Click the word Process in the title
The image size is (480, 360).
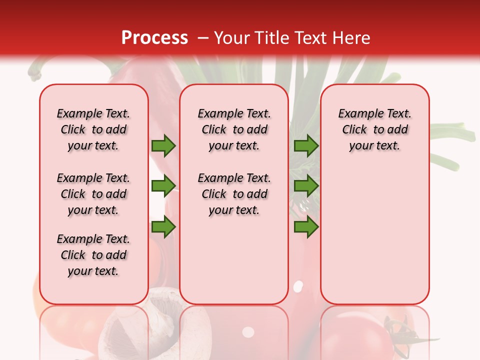click(x=154, y=38)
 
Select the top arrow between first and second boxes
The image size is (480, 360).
click(x=163, y=146)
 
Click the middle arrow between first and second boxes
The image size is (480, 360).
click(x=163, y=186)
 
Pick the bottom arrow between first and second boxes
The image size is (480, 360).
click(x=163, y=227)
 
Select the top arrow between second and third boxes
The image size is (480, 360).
click(x=306, y=146)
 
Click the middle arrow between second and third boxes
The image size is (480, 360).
click(x=306, y=186)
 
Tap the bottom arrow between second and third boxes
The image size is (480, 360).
click(x=306, y=227)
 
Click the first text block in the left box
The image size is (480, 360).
click(x=93, y=129)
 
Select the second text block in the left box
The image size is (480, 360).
click(x=93, y=194)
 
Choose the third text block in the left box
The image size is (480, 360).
click(x=93, y=255)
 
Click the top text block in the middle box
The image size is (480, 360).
click(x=234, y=129)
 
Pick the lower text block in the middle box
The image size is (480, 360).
click(x=234, y=194)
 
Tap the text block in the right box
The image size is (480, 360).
click(x=374, y=129)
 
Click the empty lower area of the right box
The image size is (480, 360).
click(x=374, y=235)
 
